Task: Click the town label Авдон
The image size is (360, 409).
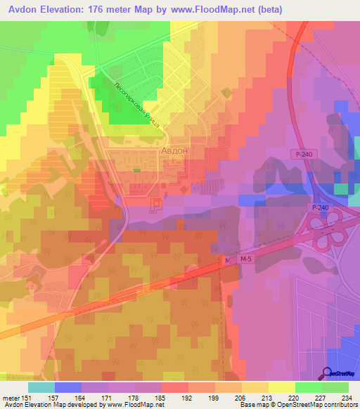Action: tap(174, 151)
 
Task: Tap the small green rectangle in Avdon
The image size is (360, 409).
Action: tap(136, 169)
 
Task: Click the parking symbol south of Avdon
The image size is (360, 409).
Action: tap(157, 204)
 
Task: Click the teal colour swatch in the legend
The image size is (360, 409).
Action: tap(41, 387)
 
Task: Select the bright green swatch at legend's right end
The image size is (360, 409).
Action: tap(335, 387)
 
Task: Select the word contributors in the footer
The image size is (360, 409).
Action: tap(340, 405)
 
